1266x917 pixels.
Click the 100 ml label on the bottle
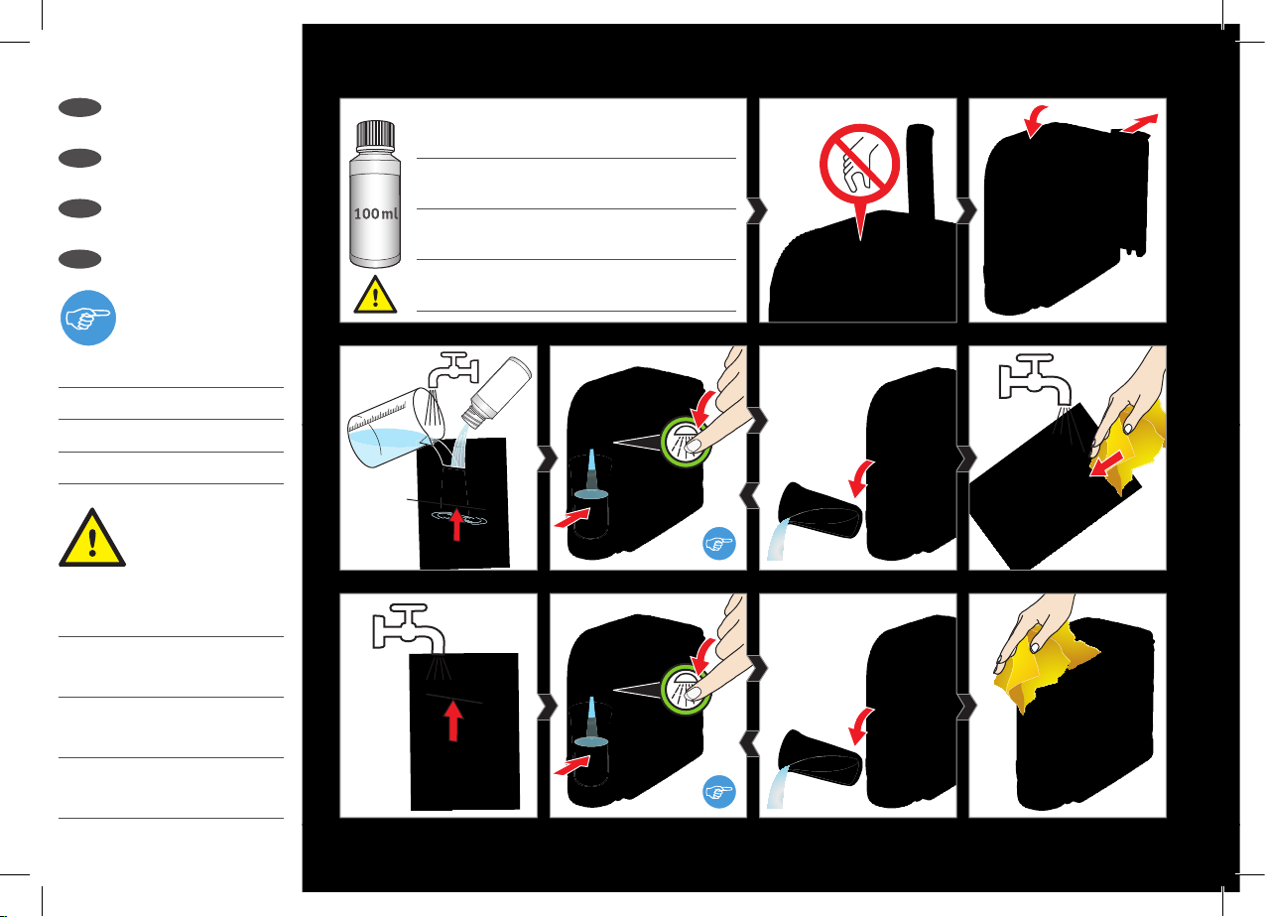(376, 213)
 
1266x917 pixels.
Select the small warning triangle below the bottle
(375, 295)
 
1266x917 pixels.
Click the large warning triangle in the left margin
(92, 538)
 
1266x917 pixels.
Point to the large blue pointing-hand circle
(88, 318)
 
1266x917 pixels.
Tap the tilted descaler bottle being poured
(496, 392)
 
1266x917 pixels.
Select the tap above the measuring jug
(453, 371)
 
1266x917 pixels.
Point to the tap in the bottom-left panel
(408, 626)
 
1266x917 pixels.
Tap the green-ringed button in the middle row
(685, 442)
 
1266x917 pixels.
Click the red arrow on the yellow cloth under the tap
(1106, 464)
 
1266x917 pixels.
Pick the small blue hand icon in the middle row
(719, 543)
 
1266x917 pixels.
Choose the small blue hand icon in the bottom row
(719, 791)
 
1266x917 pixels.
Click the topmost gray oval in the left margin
(80, 107)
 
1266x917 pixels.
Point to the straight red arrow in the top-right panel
(1139, 123)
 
